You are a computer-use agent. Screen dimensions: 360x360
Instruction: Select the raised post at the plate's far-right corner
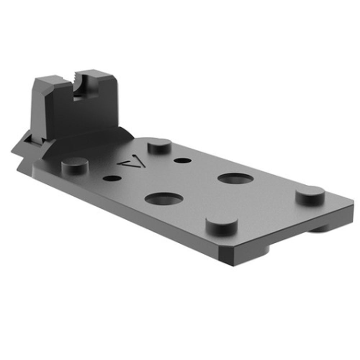click(x=310, y=195)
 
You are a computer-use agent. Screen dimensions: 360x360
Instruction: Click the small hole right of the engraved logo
click(x=181, y=160)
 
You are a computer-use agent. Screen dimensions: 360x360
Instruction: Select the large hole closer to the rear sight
click(x=164, y=198)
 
